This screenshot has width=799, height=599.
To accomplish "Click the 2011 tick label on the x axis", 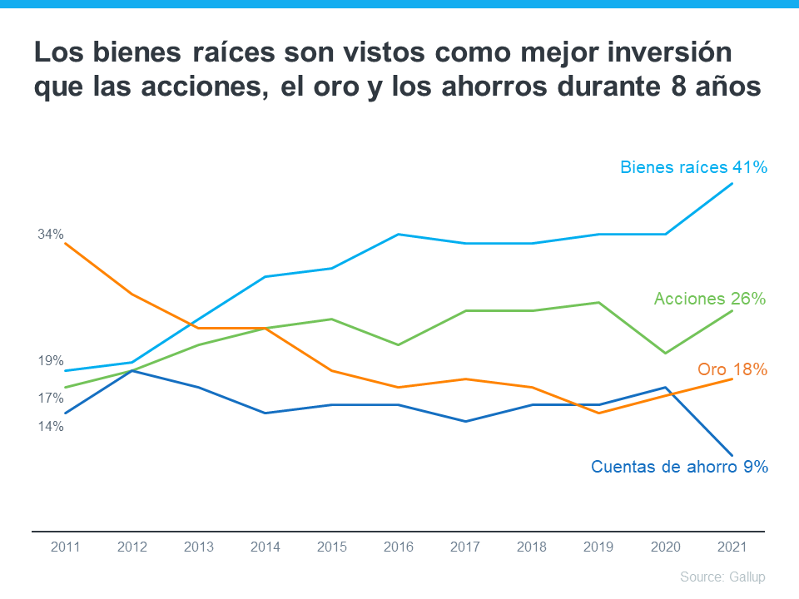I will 65,547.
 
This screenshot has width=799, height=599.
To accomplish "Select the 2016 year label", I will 398,547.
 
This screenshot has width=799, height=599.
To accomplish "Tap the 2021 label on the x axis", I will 732,547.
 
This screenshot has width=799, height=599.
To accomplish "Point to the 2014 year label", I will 265,547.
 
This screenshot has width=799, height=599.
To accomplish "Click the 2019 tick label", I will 598,547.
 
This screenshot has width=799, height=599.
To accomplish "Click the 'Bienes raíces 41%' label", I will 692,167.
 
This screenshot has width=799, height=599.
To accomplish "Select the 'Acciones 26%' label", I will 709,299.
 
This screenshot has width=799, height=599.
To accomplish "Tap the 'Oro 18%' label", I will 732,369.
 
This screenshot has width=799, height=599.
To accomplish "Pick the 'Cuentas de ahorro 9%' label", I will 678,467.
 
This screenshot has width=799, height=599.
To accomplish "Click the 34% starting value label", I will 51,235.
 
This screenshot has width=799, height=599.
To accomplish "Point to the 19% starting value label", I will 51,361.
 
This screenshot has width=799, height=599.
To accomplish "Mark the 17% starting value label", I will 51,399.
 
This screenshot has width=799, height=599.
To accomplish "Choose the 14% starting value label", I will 51,427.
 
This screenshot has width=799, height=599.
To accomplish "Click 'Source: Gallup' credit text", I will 722,577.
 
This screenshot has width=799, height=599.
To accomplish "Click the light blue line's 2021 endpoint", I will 732,184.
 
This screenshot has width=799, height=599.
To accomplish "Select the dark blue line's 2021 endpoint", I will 732,455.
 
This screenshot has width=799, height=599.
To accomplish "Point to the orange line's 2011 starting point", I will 65,243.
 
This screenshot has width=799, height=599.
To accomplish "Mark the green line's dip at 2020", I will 665,353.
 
